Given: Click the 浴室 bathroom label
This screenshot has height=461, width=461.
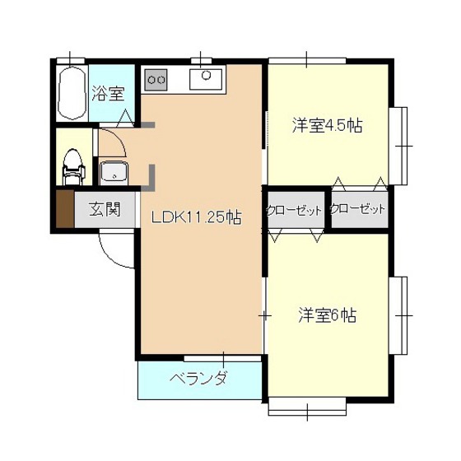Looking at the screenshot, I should click(x=107, y=92).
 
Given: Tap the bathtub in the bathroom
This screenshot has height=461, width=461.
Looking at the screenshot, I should click(x=72, y=93).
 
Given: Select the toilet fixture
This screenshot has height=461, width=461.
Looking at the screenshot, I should click(x=74, y=165).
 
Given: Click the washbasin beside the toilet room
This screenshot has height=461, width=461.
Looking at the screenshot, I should click(x=113, y=173).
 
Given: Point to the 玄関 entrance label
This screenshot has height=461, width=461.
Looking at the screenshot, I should click(x=105, y=209).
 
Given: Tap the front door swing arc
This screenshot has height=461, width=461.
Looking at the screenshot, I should click(x=115, y=251).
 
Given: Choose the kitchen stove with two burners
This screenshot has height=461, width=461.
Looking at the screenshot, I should click(x=156, y=80).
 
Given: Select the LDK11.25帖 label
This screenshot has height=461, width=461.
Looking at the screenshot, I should click(x=195, y=218).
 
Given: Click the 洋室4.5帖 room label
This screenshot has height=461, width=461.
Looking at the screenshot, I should click(x=328, y=126).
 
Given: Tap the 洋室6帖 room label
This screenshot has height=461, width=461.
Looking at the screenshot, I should click(x=327, y=314).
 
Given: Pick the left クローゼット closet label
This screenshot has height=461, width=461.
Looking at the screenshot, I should click(x=294, y=211).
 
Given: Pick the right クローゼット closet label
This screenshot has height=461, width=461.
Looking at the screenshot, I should click(x=357, y=210).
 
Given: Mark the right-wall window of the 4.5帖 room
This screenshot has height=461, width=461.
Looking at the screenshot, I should click(x=401, y=145).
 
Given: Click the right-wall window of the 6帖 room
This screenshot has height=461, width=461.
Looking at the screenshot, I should click(x=401, y=314).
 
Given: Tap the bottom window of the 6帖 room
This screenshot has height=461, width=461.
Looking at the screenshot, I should click(x=306, y=406).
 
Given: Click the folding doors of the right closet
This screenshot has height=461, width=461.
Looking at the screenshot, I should click(x=357, y=183).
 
